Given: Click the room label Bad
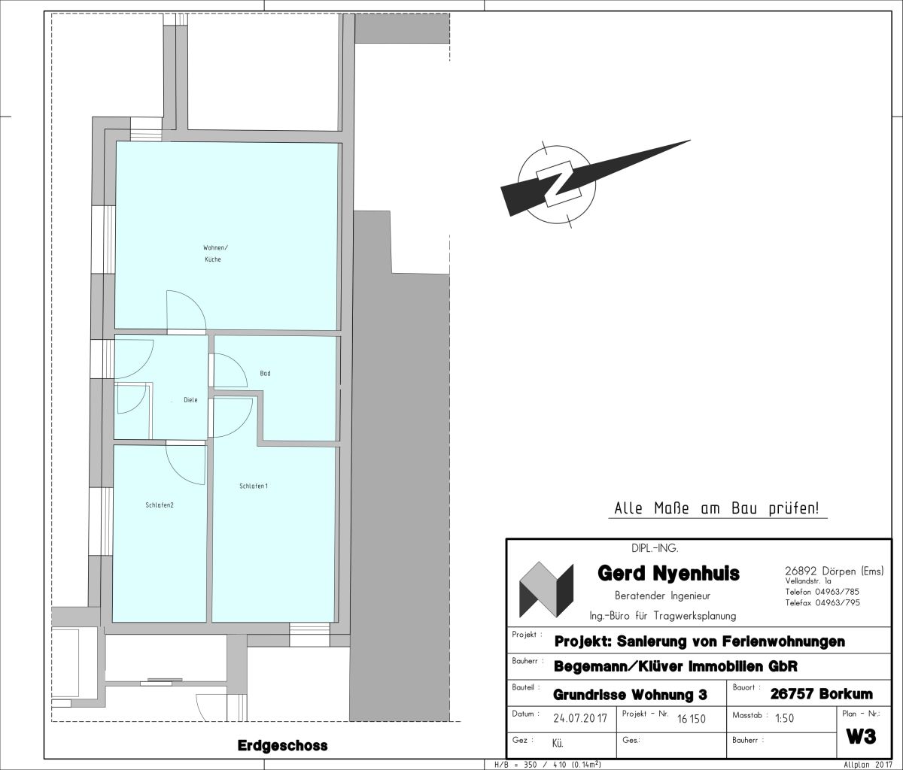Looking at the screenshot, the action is [265, 373].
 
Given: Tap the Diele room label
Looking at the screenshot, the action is [190, 400].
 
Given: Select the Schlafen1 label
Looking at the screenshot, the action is [254, 486].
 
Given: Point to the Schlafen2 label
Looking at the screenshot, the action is [160, 505].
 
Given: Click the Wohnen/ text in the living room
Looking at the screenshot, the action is [215, 247].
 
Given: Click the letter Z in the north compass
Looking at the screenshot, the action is [557, 183].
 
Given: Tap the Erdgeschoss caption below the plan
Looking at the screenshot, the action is [282, 745].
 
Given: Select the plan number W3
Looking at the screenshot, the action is [861, 736].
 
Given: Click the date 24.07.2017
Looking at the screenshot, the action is [580, 719].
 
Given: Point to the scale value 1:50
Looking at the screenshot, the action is [784, 719].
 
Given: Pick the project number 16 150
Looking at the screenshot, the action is [691, 719].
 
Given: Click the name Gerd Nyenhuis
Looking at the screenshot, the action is [668, 573].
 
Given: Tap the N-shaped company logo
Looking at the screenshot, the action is [546, 590].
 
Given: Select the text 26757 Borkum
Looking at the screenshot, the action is [821, 694].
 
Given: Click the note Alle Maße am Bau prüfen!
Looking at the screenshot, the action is [716, 508].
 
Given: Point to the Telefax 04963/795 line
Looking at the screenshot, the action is [822, 603].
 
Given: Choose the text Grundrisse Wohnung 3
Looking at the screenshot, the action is [630, 695].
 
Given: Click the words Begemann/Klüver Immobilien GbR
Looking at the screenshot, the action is [676, 666].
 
